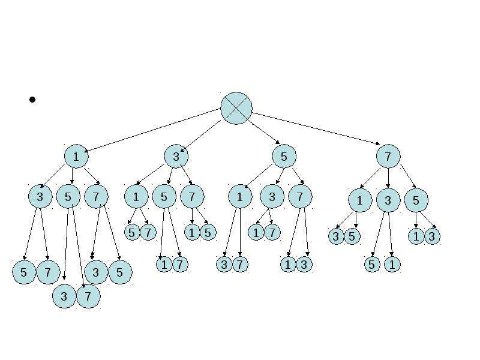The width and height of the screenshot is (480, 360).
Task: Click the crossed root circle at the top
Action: pyautogui.click(x=236, y=108)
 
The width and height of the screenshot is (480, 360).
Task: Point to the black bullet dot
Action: pyautogui.click(x=32, y=100)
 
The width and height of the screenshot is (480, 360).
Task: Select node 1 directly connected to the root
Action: pyautogui.click(x=76, y=157)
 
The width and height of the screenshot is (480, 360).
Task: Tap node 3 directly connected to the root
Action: pyautogui.click(x=176, y=157)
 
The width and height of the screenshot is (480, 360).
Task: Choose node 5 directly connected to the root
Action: pyautogui.click(x=284, y=157)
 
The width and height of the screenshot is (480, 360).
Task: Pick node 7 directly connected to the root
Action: pyautogui.click(x=388, y=157)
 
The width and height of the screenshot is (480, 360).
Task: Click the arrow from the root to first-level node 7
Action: pyautogui.click(x=316, y=128)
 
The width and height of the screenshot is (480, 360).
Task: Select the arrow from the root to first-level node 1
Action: pyautogui.click(x=152, y=130)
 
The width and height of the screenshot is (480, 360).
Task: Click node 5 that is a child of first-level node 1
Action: pyautogui.click(x=68, y=197)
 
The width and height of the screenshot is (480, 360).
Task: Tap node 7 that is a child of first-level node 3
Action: pyautogui.click(x=192, y=197)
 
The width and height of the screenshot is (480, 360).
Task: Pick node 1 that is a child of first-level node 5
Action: pyautogui.click(x=241, y=197)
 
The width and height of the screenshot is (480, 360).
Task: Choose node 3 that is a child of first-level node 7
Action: pyautogui.click(x=388, y=200)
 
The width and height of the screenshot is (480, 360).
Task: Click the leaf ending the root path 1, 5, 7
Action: pyautogui.click(x=88, y=296)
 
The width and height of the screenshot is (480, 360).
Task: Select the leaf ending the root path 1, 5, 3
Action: pyautogui.click(x=64, y=296)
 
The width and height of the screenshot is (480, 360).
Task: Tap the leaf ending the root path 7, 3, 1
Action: pyautogui.click(x=392, y=264)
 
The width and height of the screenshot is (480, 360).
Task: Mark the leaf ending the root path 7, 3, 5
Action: pyautogui.click(x=372, y=264)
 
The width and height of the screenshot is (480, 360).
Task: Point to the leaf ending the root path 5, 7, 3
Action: pyautogui.click(x=304, y=264)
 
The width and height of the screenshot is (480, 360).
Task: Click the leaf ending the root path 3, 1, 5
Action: pyautogui.click(x=132, y=232)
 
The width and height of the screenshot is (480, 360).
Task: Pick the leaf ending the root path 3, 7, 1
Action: pyautogui.click(x=192, y=232)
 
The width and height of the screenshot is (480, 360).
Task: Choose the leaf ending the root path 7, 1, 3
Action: pyautogui.click(x=336, y=236)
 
